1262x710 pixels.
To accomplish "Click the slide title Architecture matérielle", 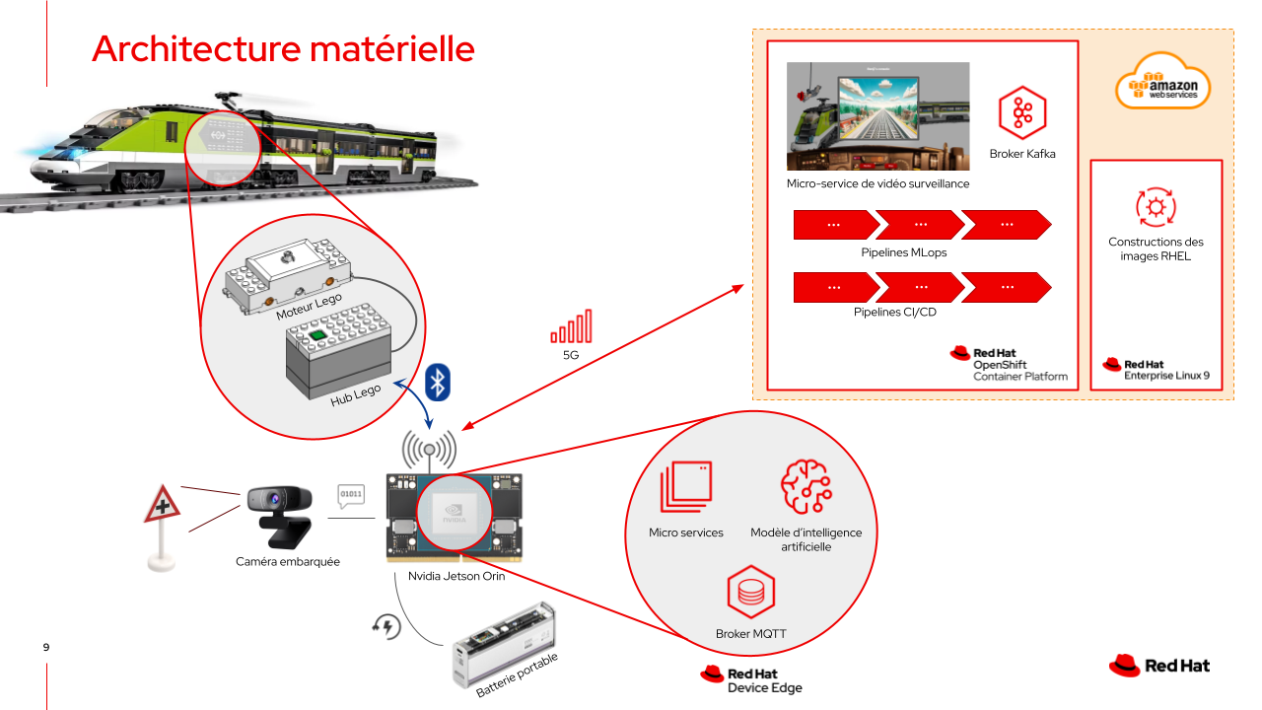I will (x=283, y=48).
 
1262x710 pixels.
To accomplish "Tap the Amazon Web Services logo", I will (x=1163, y=83).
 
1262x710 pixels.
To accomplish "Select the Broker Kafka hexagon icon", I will (x=1022, y=112).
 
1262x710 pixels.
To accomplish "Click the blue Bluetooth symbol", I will (x=437, y=382).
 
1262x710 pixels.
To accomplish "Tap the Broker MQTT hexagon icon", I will (x=751, y=593).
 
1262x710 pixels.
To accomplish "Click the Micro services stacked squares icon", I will (x=685, y=487).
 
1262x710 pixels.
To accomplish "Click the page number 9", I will (x=46, y=648).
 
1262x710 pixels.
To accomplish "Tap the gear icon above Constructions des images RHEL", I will (x=1156, y=207).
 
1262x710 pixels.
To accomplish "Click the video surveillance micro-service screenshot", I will (x=877, y=116).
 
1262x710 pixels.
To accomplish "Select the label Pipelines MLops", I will (x=904, y=252).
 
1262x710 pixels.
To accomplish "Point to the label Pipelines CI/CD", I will (x=895, y=313).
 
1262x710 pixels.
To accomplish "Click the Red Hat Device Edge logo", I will (x=751, y=680).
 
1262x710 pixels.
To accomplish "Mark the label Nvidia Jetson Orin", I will (x=456, y=576).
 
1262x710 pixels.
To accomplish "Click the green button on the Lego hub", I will (x=317, y=336).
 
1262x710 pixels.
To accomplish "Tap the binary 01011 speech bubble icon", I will (x=350, y=493).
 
